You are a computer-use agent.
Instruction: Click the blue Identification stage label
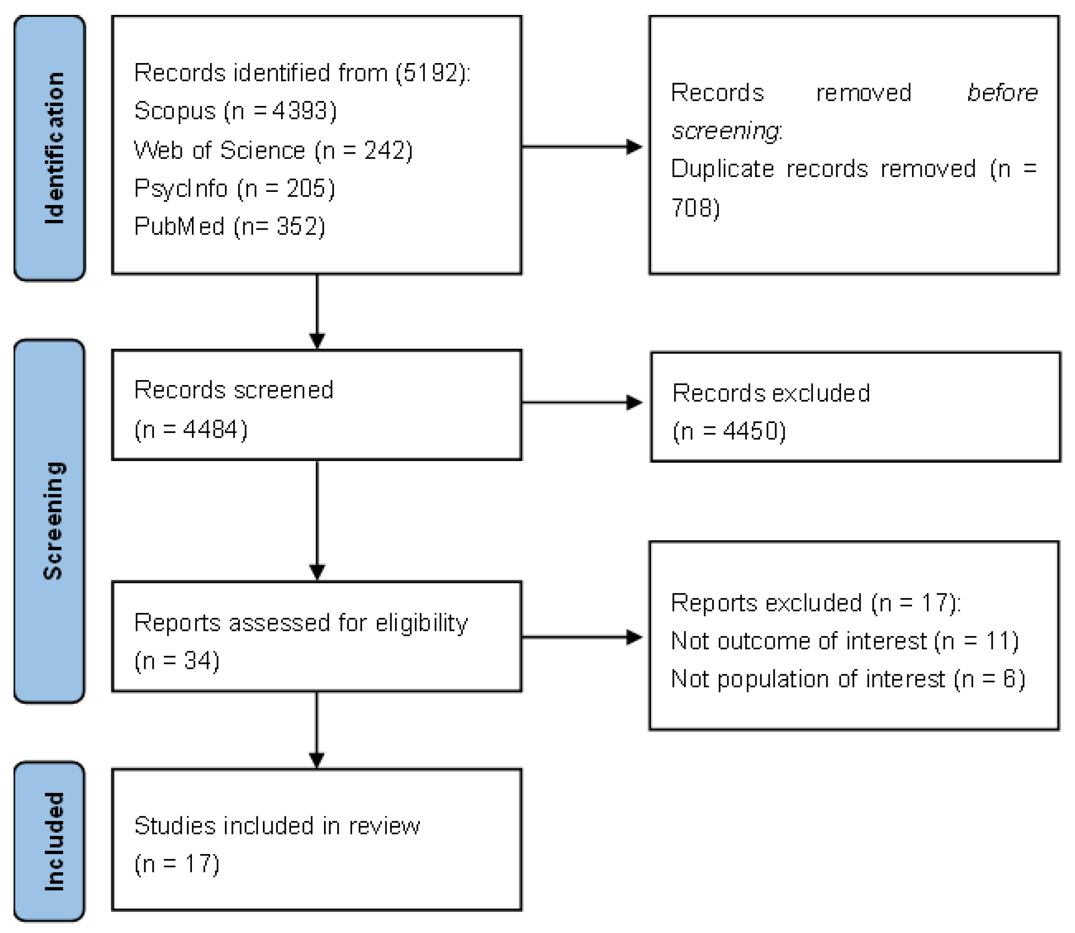[50, 148]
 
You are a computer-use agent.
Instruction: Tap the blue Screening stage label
[50, 521]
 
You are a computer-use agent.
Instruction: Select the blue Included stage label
[50, 841]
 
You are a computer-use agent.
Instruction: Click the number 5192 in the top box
[430, 73]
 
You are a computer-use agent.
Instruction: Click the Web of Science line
[273, 150]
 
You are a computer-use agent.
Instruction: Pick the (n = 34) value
[177, 661]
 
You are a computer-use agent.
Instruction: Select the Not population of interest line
[848, 679]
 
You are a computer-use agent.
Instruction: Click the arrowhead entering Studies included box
[317, 760]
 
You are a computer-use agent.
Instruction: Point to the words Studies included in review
[276, 826]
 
